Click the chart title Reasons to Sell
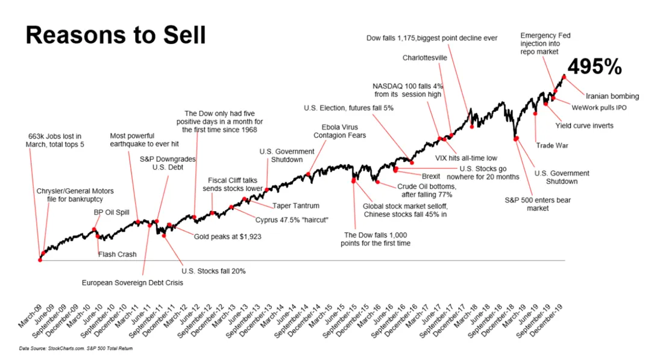[116, 35]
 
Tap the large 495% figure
[594, 66]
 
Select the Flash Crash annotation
[117, 254]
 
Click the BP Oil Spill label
[112, 212]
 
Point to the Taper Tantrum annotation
[295, 206]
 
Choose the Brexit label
[431, 176]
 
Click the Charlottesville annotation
[424, 57]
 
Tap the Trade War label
[552, 145]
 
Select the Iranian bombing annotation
[612, 96]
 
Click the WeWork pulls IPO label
[599, 108]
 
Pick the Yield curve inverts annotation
[585, 125]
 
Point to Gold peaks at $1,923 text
[227, 236]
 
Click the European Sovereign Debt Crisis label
[133, 283]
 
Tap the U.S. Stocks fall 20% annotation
[213, 271]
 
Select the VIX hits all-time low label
[466, 158]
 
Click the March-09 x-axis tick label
[30, 316]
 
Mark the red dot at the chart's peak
[564, 77]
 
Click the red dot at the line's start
[40, 260]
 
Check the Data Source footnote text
[76, 349]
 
